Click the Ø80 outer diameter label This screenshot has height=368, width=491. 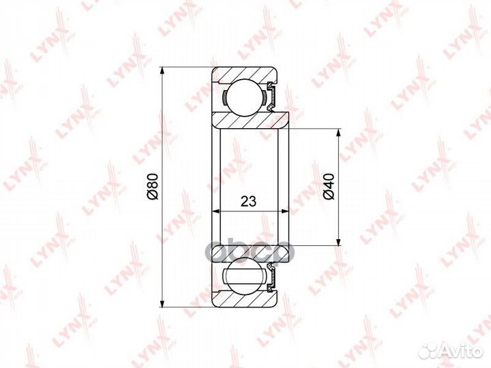(x=153, y=186)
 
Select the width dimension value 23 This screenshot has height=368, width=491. (x=248, y=201)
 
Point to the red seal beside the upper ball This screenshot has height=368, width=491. (x=271, y=96)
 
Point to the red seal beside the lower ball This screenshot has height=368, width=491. (x=271, y=279)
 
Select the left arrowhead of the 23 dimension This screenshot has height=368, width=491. (x=215, y=211)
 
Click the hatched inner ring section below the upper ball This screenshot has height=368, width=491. (x=245, y=121)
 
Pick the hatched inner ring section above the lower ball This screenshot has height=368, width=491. (x=245, y=254)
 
